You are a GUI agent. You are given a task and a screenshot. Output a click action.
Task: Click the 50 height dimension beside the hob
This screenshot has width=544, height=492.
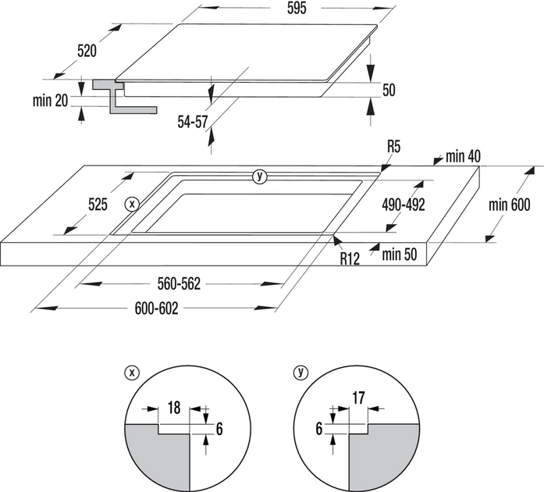pyautogui.click(x=388, y=91)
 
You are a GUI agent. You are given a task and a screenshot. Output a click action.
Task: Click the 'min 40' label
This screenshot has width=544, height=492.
pyautogui.click(x=463, y=157)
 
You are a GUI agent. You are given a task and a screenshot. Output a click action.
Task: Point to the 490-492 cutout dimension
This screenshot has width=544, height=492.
pyautogui.click(x=404, y=205)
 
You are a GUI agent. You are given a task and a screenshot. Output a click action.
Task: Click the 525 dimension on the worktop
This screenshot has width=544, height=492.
pyautogui.click(x=97, y=205)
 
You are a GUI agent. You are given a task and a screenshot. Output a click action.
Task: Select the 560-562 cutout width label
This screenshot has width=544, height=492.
pyautogui.click(x=180, y=284)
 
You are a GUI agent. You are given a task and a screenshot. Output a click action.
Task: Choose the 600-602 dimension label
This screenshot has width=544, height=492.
pyautogui.click(x=156, y=308)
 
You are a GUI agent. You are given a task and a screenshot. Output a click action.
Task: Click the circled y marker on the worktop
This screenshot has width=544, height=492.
pyautogui.click(x=259, y=176)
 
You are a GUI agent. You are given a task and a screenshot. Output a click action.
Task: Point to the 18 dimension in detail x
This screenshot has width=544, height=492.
pyautogui.click(x=174, y=408)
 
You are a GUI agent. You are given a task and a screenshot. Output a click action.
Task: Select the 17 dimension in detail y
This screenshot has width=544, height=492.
pyautogui.click(x=359, y=398)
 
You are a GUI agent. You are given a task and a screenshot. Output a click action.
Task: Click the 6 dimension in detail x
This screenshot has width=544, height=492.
pyautogui.click(x=219, y=428)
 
